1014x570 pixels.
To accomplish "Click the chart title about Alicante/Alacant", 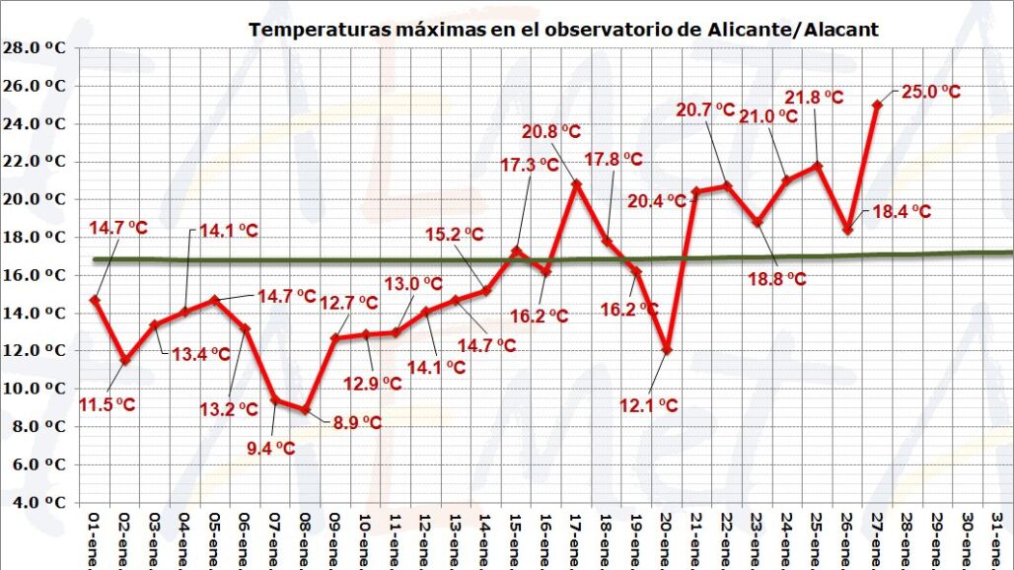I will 563,30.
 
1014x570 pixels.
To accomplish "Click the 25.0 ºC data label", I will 930,92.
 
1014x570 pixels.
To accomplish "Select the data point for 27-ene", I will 877,105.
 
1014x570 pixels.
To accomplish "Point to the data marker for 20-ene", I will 668,350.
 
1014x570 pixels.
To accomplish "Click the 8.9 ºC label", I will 355,422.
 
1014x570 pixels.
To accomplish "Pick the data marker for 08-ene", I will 306,409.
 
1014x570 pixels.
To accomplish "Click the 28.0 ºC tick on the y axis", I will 35,47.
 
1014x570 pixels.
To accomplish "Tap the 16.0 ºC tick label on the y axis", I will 35,275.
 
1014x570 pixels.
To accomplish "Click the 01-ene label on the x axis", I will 96,538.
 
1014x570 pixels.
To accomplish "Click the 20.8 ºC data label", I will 551,131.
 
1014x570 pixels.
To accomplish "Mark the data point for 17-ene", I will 577,183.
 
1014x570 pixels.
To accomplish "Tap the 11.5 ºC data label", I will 107,404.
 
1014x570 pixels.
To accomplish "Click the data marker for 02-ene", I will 125,361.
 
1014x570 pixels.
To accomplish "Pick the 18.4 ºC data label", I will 902,212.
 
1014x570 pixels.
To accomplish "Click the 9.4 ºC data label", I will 270,448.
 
